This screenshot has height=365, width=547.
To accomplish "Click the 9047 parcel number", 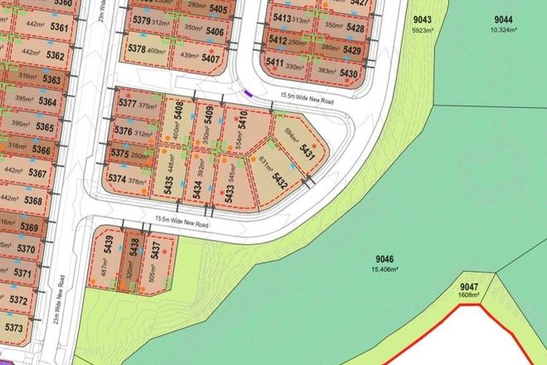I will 470,286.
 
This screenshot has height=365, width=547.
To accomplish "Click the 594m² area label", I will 290,135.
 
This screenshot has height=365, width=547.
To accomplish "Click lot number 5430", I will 349,74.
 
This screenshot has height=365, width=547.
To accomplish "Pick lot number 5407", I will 211,58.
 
